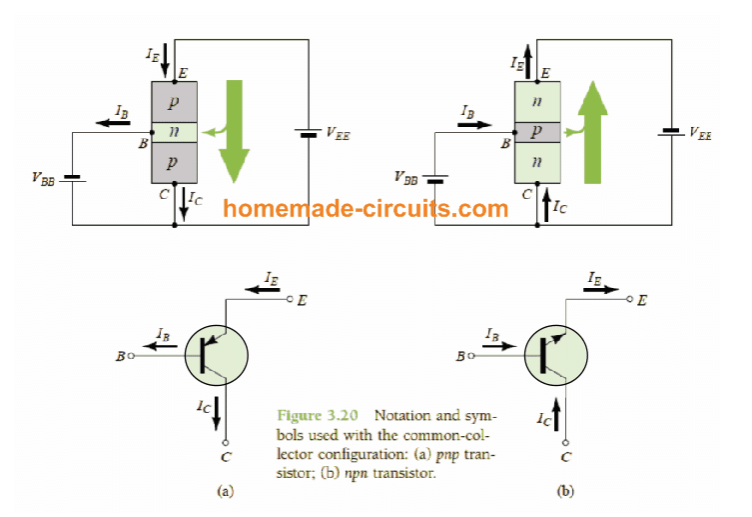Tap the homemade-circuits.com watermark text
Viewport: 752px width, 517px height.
(x=366, y=209)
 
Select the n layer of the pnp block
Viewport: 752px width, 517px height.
(x=175, y=130)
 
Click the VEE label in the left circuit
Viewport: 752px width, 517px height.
(x=338, y=132)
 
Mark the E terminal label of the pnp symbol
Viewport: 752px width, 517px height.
(x=303, y=299)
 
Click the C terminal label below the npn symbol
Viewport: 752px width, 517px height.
(x=566, y=458)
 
